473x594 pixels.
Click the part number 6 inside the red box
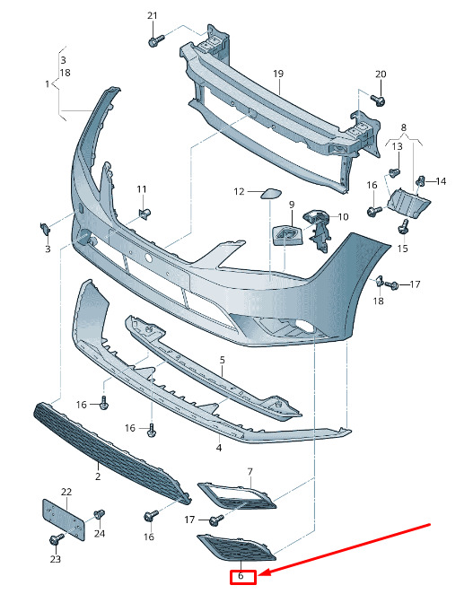click(241, 576)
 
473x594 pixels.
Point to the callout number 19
click(278, 74)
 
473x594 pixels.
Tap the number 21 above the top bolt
click(152, 15)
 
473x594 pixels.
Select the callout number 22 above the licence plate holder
click(66, 492)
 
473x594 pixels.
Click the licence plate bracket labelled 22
click(63, 520)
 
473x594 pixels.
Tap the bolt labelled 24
click(99, 515)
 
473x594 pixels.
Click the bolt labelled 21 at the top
click(156, 40)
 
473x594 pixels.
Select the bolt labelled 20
click(378, 100)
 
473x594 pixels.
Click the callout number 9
click(292, 205)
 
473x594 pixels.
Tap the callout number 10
click(343, 216)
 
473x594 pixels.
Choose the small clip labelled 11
click(145, 214)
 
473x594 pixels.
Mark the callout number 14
click(441, 181)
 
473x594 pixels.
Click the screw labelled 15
click(403, 227)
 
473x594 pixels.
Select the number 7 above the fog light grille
click(250, 472)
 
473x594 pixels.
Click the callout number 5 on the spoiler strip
click(222, 360)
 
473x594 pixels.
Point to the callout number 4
click(219, 448)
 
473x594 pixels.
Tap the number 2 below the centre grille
click(98, 476)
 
